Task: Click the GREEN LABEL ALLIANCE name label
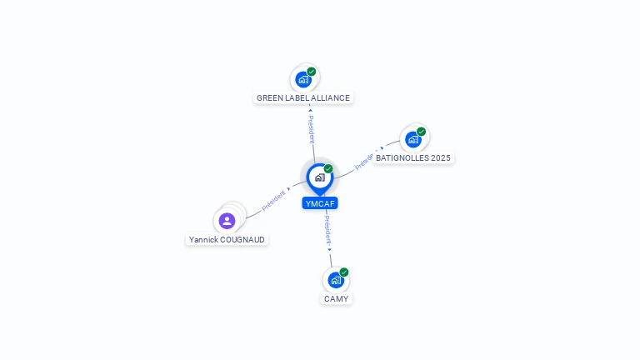tap(303, 97)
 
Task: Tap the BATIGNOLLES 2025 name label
tap(414, 157)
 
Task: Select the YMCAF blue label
tap(320, 203)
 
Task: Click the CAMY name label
tap(337, 298)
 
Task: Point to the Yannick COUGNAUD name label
tap(227, 239)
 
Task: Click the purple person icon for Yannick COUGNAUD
tap(227, 221)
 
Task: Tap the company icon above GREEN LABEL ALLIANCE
tap(303, 79)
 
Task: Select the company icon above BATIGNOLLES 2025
tap(412, 139)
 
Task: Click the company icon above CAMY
tap(336, 280)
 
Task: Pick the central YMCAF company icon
tap(319, 177)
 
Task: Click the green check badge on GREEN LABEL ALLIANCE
tap(312, 72)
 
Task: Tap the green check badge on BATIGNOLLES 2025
tap(422, 132)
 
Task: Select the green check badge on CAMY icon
tap(344, 272)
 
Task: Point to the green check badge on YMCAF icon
tap(328, 169)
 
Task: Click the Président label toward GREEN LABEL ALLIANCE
tap(312, 128)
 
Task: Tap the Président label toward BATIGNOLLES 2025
tap(366, 161)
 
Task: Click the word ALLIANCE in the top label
tap(331, 97)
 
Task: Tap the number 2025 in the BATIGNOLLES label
tap(439, 157)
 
